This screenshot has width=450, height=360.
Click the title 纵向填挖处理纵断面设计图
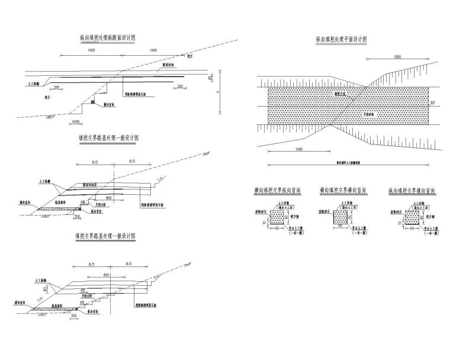pyautogui.click(x=108, y=37)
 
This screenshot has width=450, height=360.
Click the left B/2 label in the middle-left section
pyautogui.click(x=94, y=161)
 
